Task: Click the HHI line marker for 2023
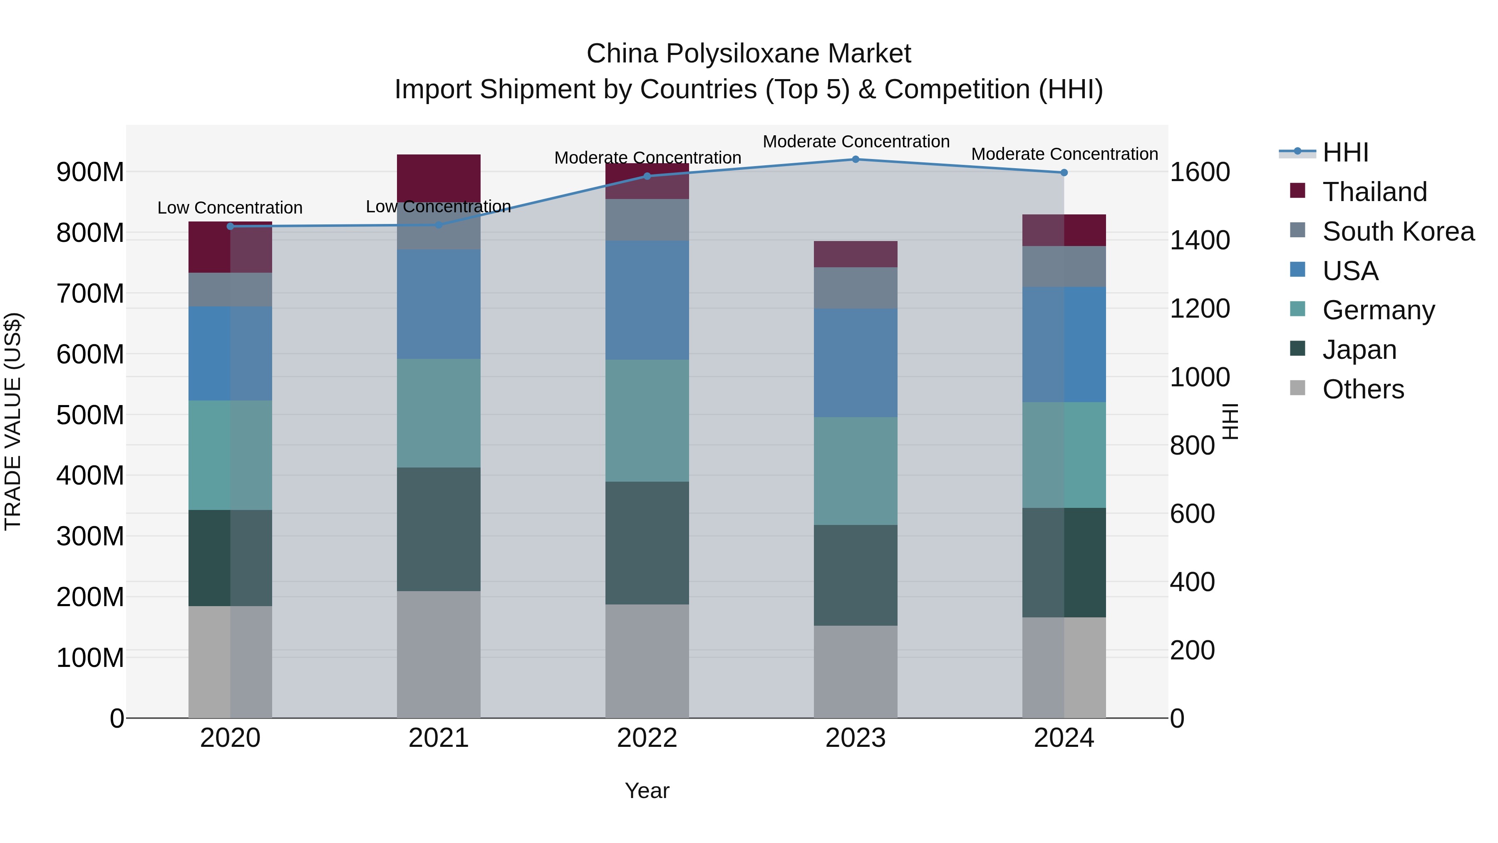[856, 159]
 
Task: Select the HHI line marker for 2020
[230, 226]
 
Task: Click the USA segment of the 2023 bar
[856, 363]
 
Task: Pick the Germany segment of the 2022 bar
[647, 420]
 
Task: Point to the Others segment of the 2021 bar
[439, 654]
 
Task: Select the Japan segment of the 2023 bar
[856, 575]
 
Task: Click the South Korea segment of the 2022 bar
[647, 219]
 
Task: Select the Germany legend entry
[1378, 310]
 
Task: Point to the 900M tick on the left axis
[90, 172]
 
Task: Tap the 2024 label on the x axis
[1064, 738]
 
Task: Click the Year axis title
[647, 791]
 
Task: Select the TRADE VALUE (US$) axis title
[13, 421]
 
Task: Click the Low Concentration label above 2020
[230, 208]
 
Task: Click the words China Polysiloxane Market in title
[749, 54]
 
